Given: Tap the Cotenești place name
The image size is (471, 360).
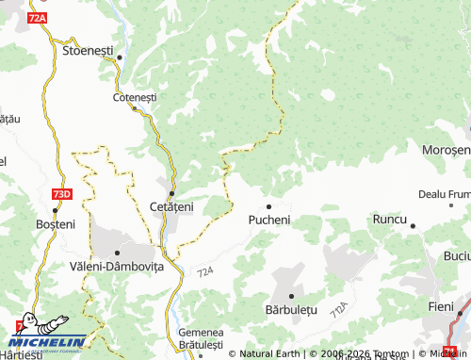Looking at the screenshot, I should [135, 97].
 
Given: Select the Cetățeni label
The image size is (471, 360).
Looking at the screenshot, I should [171, 205].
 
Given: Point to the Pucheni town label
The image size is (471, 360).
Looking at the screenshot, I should [269, 220].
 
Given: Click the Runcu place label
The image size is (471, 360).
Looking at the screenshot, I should [389, 219].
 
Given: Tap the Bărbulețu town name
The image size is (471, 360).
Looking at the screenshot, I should [293, 309].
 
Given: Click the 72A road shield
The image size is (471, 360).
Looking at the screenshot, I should [39, 18].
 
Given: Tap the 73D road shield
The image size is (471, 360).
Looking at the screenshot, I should [61, 193].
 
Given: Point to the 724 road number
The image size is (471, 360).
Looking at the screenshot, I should [206, 272].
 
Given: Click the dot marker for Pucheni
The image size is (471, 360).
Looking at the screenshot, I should [268, 206].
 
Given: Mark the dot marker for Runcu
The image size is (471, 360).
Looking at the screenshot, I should [413, 225].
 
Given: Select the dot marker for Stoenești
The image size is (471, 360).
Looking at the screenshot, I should [119, 57].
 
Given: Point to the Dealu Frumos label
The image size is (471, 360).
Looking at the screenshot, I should [444, 194].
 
